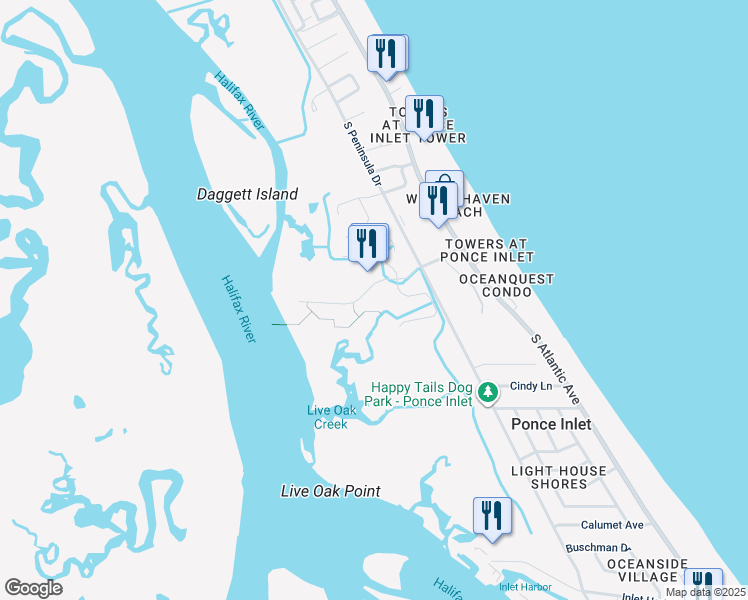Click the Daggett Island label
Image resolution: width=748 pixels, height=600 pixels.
(x=247, y=195)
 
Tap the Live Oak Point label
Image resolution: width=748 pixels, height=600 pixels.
(x=330, y=491)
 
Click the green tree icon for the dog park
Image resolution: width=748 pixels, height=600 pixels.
(x=487, y=392)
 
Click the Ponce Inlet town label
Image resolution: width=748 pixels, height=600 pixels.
(x=551, y=424)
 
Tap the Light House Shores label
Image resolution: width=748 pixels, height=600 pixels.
(x=559, y=477)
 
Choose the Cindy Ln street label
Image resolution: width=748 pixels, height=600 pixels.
(x=531, y=386)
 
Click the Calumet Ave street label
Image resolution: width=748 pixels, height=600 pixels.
(x=612, y=525)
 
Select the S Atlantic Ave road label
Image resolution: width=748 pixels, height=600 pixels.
(x=555, y=369)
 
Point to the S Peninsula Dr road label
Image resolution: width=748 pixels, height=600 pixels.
(x=363, y=156)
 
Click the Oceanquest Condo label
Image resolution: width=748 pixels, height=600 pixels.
(x=506, y=286)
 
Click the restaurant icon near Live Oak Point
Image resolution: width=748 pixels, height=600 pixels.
(x=491, y=516)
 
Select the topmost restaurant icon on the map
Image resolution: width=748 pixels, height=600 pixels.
(x=387, y=53)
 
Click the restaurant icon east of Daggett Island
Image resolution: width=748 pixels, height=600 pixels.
(x=368, y=243)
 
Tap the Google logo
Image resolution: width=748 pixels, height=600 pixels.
(x=33, y=588)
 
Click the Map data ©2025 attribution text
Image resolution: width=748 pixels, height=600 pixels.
(x=705, y=592)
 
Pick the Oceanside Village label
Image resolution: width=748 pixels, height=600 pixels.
(x=647, y=570)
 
